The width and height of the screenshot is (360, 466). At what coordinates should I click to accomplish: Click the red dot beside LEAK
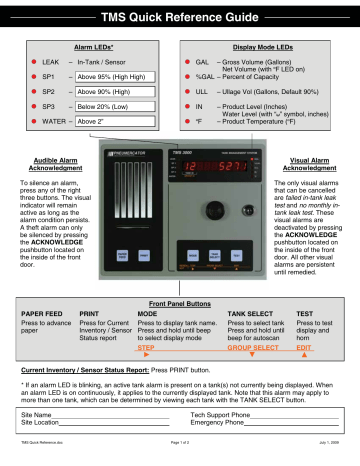click(x=20, y=62)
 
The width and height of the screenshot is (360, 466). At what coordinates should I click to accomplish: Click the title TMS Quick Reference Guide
click(x=180, y=16)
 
